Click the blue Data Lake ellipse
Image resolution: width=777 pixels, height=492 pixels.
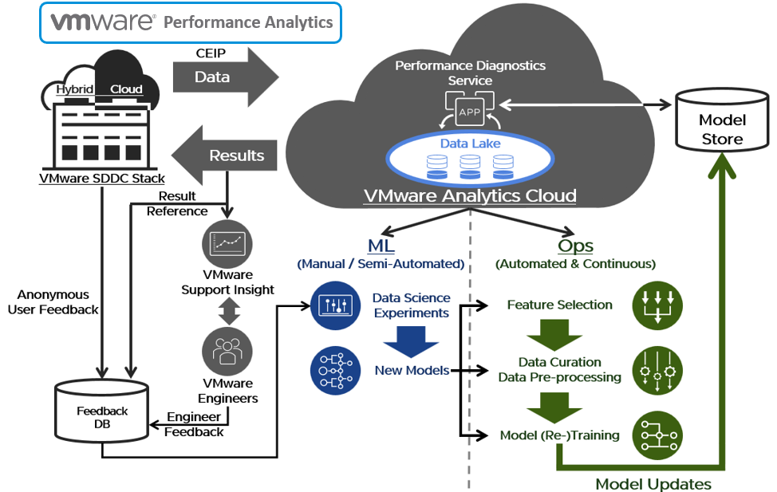pos(469,158)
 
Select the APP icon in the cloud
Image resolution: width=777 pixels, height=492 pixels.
pos(469,112)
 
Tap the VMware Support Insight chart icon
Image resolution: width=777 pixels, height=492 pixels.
pos(227,244)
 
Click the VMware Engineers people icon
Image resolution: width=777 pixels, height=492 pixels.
pos(227,350)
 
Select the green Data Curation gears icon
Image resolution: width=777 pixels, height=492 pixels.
pos(656,370)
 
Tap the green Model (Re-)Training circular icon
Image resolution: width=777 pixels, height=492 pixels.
pos(656,435)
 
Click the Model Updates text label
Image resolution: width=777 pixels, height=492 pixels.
pos(653,483)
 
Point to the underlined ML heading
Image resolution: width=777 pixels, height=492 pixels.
pos(381,246)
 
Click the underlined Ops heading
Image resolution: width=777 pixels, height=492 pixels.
pos(575,246)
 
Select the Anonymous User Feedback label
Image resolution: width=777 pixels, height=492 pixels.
pos(53,302)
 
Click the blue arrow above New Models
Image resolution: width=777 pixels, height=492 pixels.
pos(412,338)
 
